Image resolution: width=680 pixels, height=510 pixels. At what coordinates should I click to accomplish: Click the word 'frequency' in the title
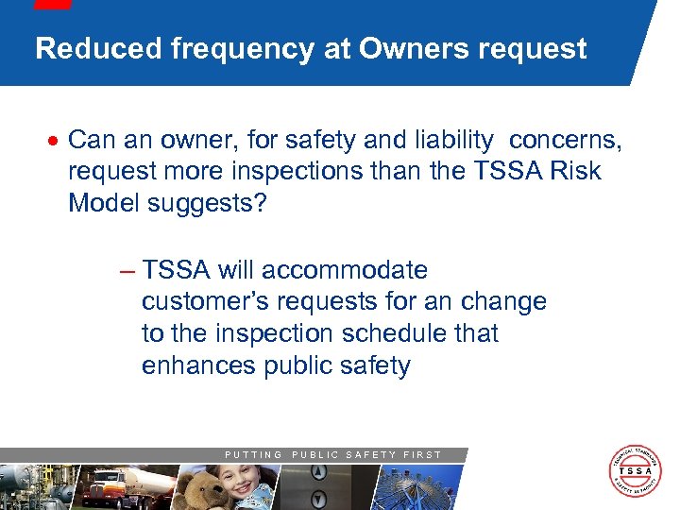click(x=242, y=49)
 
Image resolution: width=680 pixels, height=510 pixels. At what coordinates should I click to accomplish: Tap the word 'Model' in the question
click(x=105, y=205)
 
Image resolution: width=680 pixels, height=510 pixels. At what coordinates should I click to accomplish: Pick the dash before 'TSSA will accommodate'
click(x=127, y=271)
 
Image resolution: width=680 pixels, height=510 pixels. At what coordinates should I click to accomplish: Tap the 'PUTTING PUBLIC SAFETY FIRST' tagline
click(x=332, y=454)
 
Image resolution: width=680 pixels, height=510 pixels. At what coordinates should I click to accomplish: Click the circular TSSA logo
click(x=635, y=470)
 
